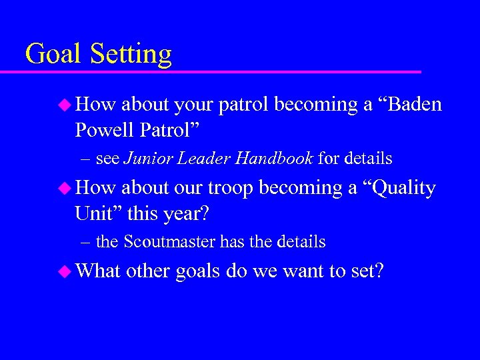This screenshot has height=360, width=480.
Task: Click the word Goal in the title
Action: (53, 53)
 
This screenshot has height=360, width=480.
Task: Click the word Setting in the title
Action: (131, 54)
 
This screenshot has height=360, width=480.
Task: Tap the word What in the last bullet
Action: (98, 272)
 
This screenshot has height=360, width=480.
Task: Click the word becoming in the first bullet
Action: (317, 105)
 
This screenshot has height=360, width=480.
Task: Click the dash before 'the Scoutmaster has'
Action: (86, 242)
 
